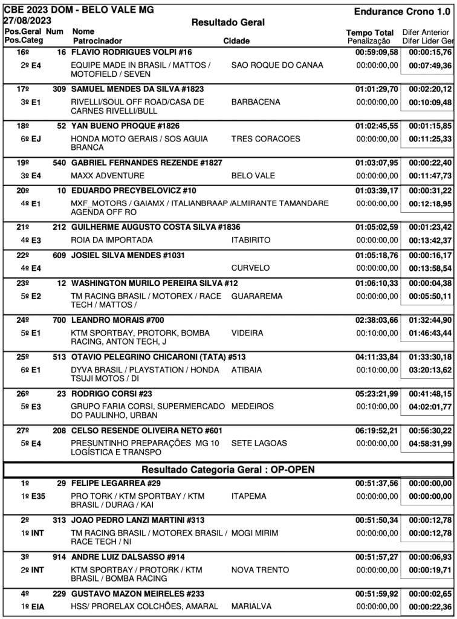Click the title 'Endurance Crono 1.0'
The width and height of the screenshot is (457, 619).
[403, 11]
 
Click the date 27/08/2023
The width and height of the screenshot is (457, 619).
[27, 20]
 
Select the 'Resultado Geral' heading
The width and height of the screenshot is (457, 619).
[228, 22]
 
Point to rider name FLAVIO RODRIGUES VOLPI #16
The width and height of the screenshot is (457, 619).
[131, 53]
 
